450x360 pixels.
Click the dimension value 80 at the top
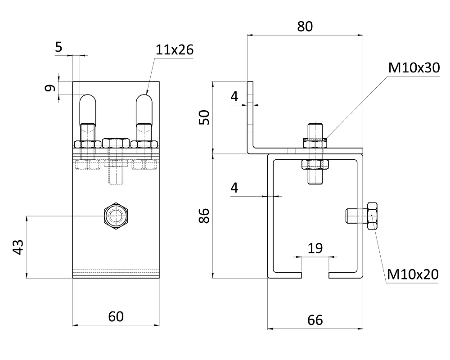[305, 27]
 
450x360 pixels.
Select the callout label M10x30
[413, 68]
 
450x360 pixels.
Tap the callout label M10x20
[412, 274]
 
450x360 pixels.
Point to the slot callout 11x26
[174, 49]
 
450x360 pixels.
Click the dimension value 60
[116, 317]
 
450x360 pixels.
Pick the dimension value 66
[315, 320]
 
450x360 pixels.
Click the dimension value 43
[18, 247]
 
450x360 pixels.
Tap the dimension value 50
[204, 118]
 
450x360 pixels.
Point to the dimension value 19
[315, 248]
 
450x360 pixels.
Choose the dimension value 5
[59, 47]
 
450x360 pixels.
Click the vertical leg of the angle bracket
[251, 115]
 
